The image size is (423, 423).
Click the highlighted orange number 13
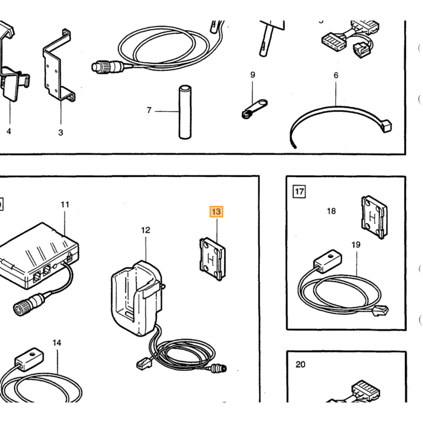coord(216,211)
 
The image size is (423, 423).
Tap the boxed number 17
coord(299,192)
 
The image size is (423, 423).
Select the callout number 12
coord(146,230)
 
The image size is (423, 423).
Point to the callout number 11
coord(65,205)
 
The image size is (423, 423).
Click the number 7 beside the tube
coord(149,111)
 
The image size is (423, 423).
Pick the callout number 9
coord(253,75)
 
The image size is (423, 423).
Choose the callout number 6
coord(336,76)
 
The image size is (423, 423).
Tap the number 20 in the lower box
coord(300,364)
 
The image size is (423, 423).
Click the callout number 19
coord(356,245)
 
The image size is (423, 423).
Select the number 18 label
coord(331,211)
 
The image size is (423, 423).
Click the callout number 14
coord(57,343)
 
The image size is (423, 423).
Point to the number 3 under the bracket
coord(60,132)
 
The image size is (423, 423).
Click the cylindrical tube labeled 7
coord(185,112)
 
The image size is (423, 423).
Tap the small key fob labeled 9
coord(254,109)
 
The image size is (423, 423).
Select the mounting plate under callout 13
coord(212,259)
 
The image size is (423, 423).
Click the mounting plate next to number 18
coord(374,218)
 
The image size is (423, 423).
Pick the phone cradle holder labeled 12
coord(137,298)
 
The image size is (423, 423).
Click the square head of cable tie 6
coord(387,126)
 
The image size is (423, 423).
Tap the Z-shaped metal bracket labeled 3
coord(58,65)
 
